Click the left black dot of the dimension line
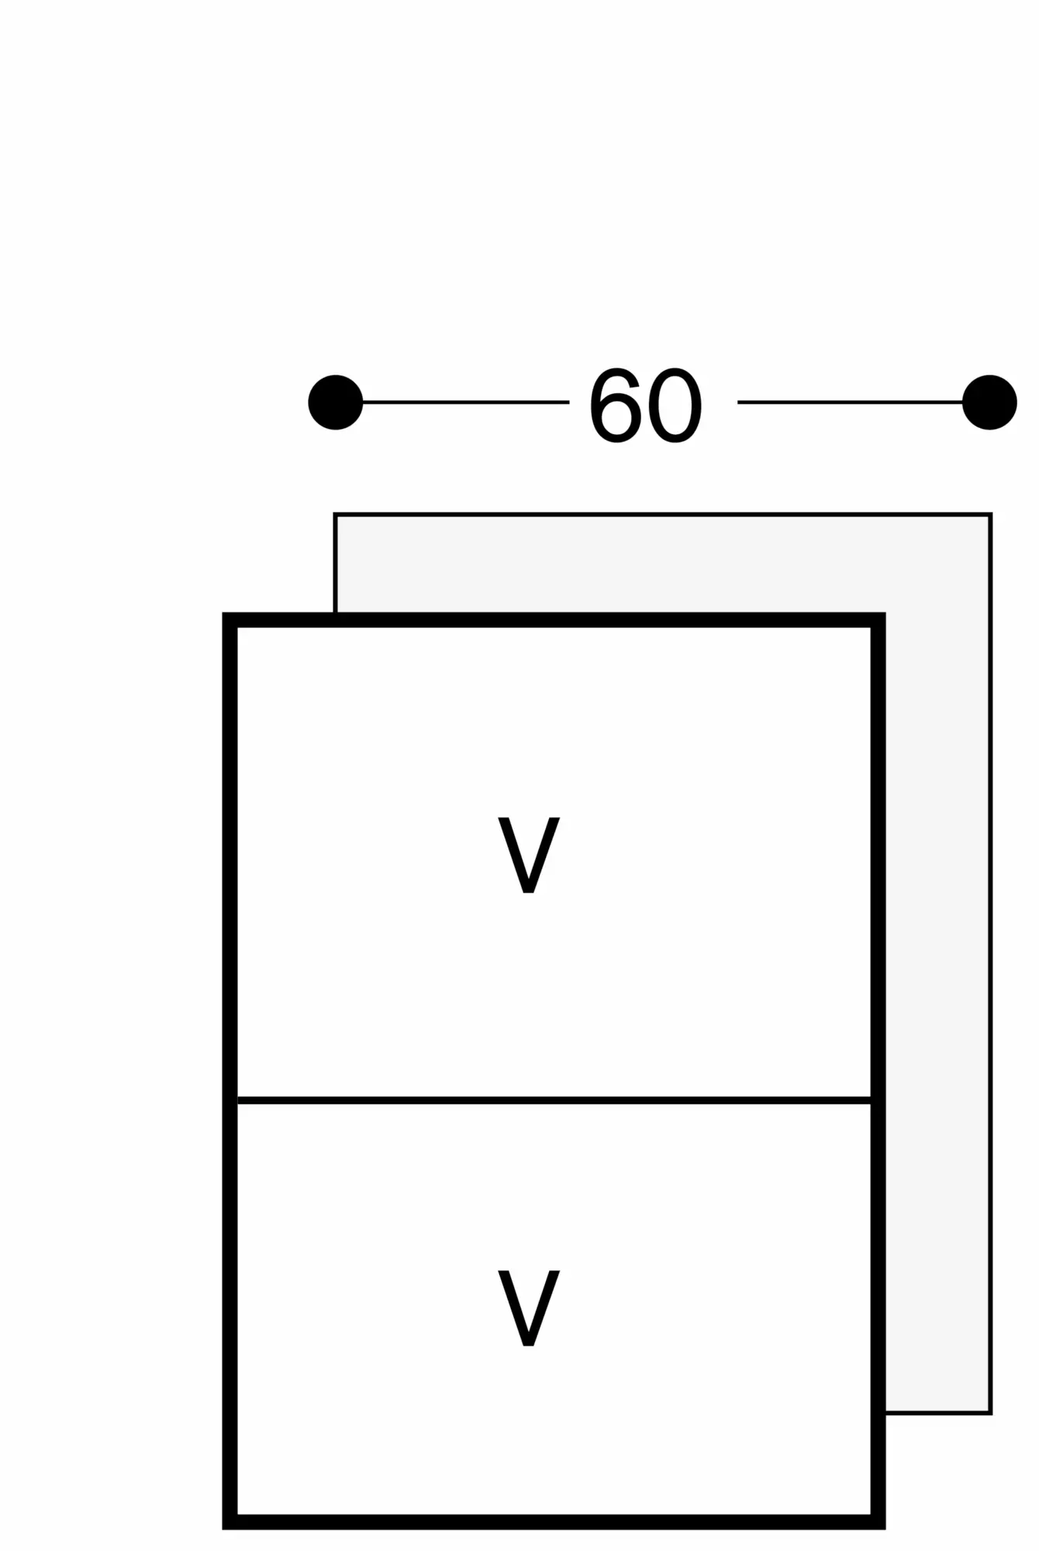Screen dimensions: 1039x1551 pyautogui.click(x=336, y=402)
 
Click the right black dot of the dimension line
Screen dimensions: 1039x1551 pyautogui.click(x=989, y=402)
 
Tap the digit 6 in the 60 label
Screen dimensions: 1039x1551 pyautogui.click(x=617, y=405)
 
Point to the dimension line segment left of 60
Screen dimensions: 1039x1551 pyautogui.click(x=465, y=402)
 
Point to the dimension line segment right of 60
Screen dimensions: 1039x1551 pyautogui.click(x=850, y=402)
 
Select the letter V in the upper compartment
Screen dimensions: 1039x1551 pyautogui.click(x=529, y=854)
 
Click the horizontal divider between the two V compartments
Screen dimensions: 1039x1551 pyautogui.click(x=554, y=1100)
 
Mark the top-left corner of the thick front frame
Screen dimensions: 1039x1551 pyautogui.click(x=230, y=620)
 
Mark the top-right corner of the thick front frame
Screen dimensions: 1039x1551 pyautogui.click(x=878, y=620)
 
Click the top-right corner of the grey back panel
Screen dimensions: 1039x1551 pyautogui.click(x=991, y=514)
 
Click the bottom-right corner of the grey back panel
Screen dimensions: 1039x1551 pyautogui.click(x=991, y=1413)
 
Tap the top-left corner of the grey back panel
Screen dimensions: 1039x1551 pyautogui.click(x=335, y=514)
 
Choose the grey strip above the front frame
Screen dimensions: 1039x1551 pyautogui.click(x=620, y=563)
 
